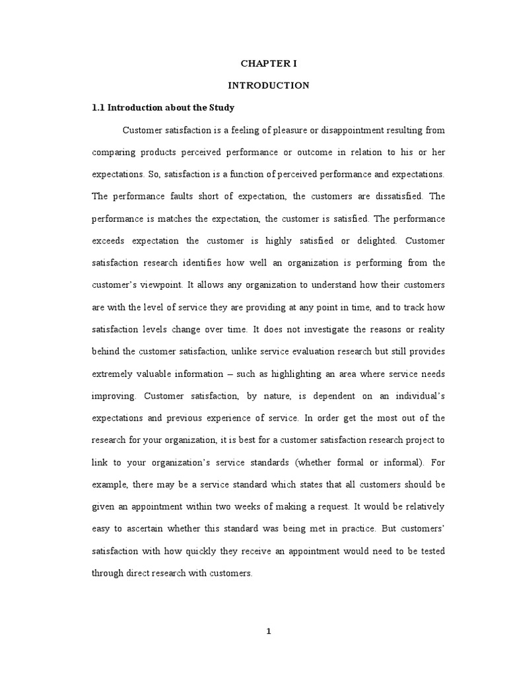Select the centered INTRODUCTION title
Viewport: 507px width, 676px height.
coord(268,85)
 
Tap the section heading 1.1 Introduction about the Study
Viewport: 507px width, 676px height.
coord(162,107)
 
